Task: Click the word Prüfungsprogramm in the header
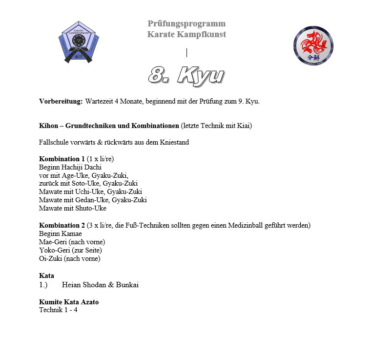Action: tap(186, 23)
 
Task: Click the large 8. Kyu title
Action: tap(186, 76)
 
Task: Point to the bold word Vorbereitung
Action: tap(61, 101)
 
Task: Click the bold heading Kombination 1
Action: tap(62, 159)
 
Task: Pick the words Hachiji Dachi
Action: tap(79, 167)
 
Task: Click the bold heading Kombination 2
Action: tap(62, 225)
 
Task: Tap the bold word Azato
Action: tap(96, 301)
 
